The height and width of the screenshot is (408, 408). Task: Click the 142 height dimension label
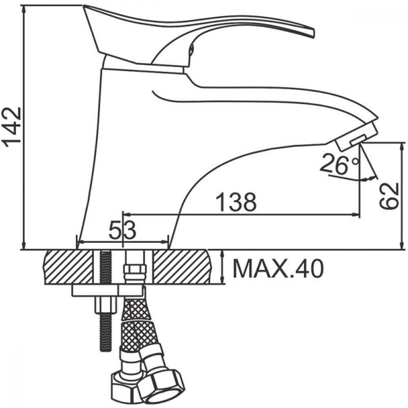[x=11, y=127]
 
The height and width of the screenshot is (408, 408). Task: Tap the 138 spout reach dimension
[x=236, y=202]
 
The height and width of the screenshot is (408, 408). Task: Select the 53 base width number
[x=122, y=230]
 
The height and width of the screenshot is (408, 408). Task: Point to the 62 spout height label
[x=389, y=196]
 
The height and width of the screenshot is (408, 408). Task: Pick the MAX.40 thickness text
[x=278, y=268]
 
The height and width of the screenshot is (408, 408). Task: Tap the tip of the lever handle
[x=313, y=33]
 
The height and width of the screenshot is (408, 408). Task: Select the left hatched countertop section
[x=69, y=267]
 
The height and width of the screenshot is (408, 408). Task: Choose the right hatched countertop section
[x=182, y=267]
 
